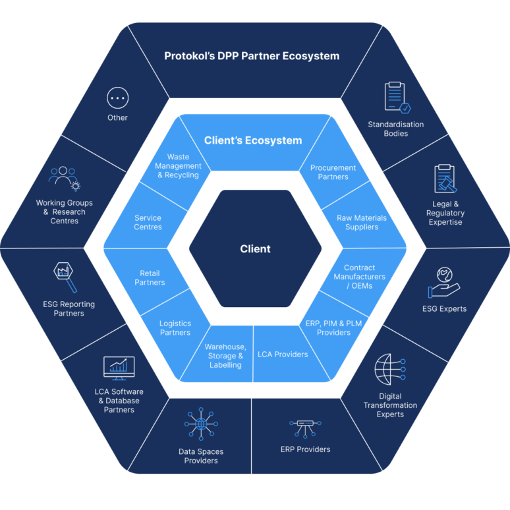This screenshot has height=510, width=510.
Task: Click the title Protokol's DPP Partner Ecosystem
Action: (x=252, y=56)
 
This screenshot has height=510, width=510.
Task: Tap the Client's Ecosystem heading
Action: (x=253, y=140)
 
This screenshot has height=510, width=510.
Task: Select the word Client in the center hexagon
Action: (x=255, y=249)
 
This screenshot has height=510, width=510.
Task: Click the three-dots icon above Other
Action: (x=117, y=98)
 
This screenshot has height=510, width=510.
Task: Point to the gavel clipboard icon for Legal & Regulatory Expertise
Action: (x=445, y=179)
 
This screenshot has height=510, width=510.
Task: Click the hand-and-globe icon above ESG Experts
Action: (x=444, y=282)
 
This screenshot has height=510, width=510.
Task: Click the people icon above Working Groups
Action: (x=63, y=177)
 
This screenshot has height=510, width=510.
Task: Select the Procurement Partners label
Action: (x=333, y=172)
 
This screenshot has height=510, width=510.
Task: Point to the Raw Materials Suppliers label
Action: (x=362, y=222)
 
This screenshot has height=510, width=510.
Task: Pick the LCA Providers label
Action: (x=283, y=354)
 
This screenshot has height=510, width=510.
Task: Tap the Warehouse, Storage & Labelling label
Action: (x=225, y=356)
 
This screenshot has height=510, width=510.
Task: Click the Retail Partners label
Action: (x=150, y=277)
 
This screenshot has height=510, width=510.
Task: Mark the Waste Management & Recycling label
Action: (x=178, y=166)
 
